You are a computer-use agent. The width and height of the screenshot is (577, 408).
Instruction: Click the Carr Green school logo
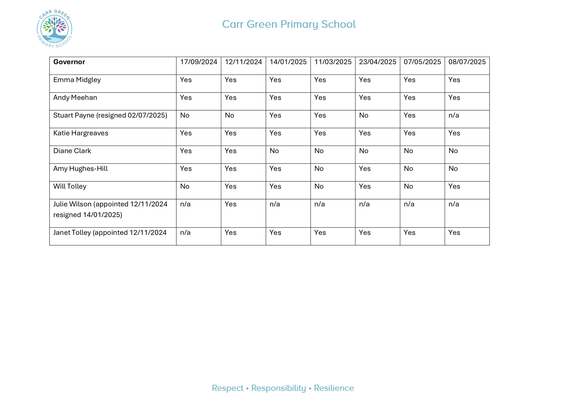pos(54,29)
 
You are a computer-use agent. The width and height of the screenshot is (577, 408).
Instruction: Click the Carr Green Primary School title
pos(289,24)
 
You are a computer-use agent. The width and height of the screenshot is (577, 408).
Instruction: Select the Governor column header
pos(69,62)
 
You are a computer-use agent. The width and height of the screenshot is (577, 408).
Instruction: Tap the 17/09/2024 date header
pos(198,62)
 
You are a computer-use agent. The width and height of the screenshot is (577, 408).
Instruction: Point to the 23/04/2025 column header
pos(377,62)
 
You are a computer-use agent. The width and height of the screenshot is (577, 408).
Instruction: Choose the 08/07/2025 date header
pos(467,62)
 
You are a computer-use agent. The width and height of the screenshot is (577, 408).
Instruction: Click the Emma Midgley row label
pos(77,80)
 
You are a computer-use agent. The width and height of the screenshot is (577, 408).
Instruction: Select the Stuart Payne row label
pos(110,115)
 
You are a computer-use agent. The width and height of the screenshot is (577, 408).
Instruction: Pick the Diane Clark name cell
pos(72,151)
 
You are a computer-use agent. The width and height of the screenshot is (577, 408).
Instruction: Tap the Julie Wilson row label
pos(110,209)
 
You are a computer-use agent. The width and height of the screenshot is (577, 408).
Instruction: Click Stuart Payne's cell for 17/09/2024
pos(185,115)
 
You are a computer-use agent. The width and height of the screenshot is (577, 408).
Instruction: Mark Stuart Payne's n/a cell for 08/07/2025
pos(454,115)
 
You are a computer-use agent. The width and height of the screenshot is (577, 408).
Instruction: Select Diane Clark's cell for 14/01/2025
pos(274,151)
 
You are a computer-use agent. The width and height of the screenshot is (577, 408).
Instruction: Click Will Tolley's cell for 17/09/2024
pos(185,186)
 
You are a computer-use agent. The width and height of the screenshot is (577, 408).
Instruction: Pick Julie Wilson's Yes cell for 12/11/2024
pos(230,204)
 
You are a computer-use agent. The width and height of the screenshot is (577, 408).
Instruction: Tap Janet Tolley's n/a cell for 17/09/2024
pos(185,233)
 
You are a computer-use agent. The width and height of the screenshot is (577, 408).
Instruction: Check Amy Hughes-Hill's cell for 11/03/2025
pos(319,169)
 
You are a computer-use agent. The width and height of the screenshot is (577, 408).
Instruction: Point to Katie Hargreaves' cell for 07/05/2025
pos(409,133)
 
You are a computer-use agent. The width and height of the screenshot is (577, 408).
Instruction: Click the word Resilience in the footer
pos(334,388)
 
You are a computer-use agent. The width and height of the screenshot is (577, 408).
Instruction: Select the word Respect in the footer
pos(227,388)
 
